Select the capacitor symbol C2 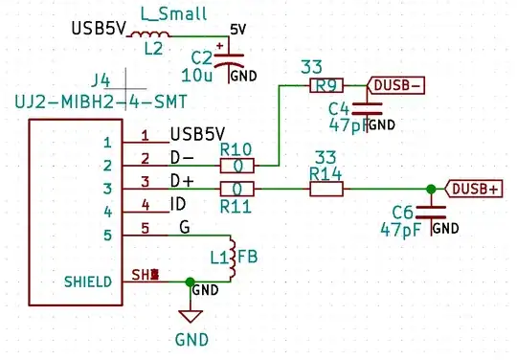[x=227, y=60]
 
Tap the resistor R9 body [x=323, y=85]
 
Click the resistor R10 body [x=236, y=165]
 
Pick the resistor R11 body [x=236, y=189]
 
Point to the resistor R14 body [x=326, y=189]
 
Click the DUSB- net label [x=396, y=85]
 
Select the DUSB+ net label [x=474, y=189]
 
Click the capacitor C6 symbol [x=437, y=214]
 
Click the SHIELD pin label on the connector [x=87, y=281]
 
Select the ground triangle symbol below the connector [x=191, y=315]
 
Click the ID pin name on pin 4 [x=178, y=204]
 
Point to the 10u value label [x=195, y=74]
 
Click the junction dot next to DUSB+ [x=431, y=189]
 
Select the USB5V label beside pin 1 [x=197, y=134]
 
